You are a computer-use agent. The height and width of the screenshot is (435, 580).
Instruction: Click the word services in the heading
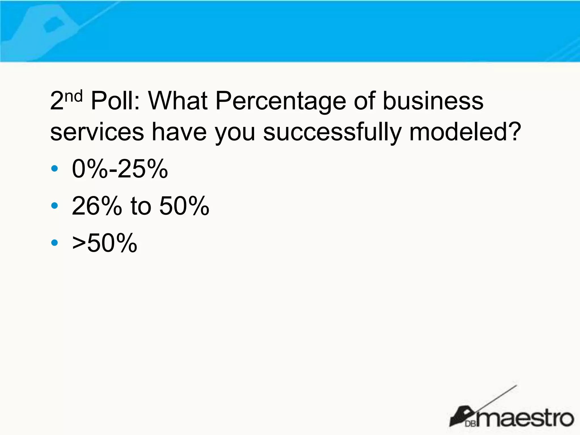click(97, 132)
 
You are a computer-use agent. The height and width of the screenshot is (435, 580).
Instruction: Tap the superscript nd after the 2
click(74, 96)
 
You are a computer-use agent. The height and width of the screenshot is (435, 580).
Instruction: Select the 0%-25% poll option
click(120, 169)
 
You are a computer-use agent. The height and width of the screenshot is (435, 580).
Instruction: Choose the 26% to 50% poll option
click(140, 206)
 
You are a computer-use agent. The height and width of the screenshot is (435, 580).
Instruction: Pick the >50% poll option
click(105, 243)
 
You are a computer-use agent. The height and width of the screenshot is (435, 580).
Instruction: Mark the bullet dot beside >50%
click(54, 243)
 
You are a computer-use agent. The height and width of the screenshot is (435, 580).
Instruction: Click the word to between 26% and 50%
click(141, 206)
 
